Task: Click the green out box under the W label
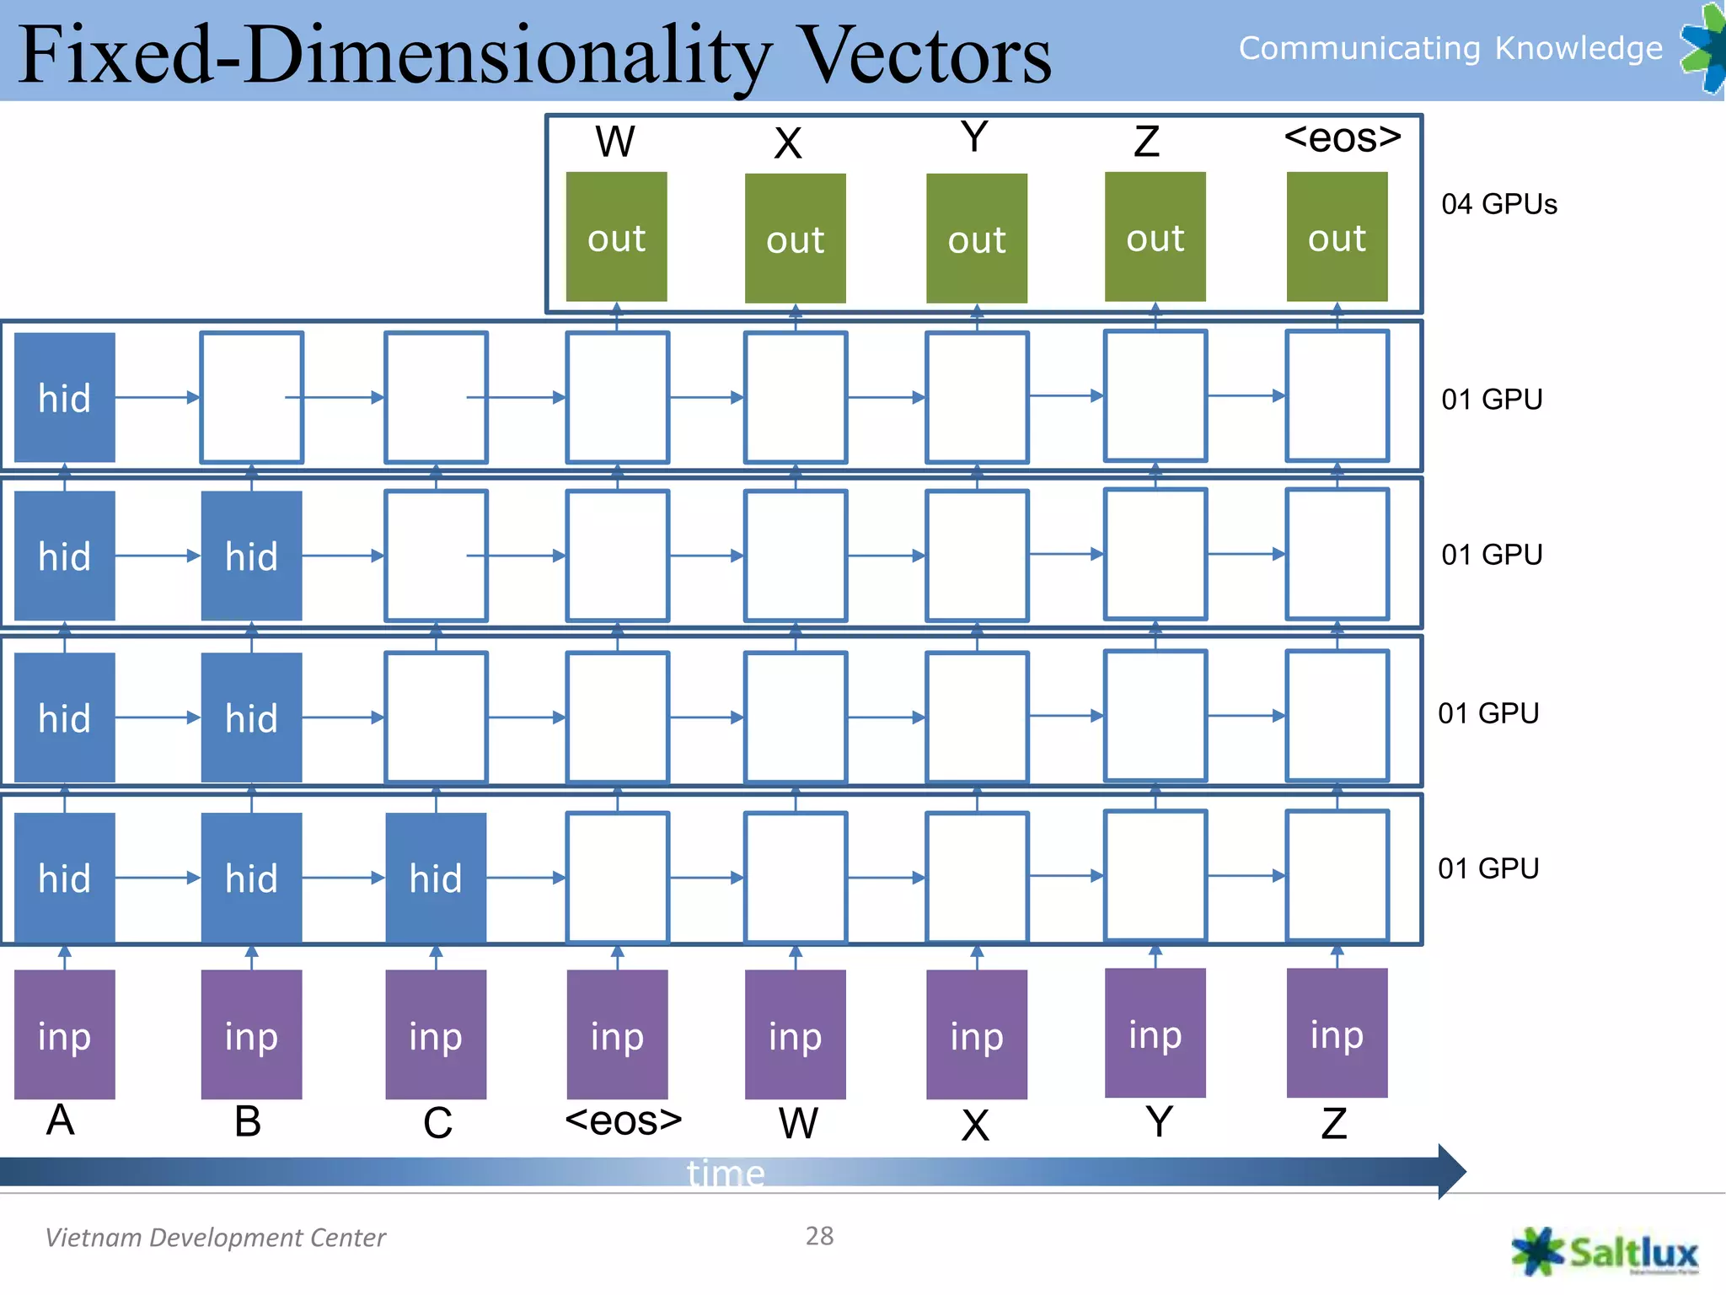[x=616, y=237]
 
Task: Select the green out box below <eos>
[x=1337, y=237]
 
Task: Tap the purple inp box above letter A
[x=65, y=1034]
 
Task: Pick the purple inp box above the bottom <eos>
[x=617, y=1034]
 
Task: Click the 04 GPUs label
[x=1498, y=204]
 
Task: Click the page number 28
[x=819, y=1236]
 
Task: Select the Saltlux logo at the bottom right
[x=1605, y=1252]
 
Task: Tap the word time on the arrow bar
[x=726, y=1173]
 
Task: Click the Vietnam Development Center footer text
[x=215, y=1238]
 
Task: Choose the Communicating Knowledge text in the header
[x=1450, y=48]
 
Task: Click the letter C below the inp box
[x=437, y=1123]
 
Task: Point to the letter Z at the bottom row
[x=1333, y=1124]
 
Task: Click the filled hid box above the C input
[x=436, y=878]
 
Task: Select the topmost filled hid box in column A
[x=65, y=397]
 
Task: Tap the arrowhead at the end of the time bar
[x=1451, y=1171]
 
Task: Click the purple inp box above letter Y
[x=1155, y=1033]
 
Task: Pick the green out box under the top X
[x=795, y=239]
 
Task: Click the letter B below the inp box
[x=248, y=1121]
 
